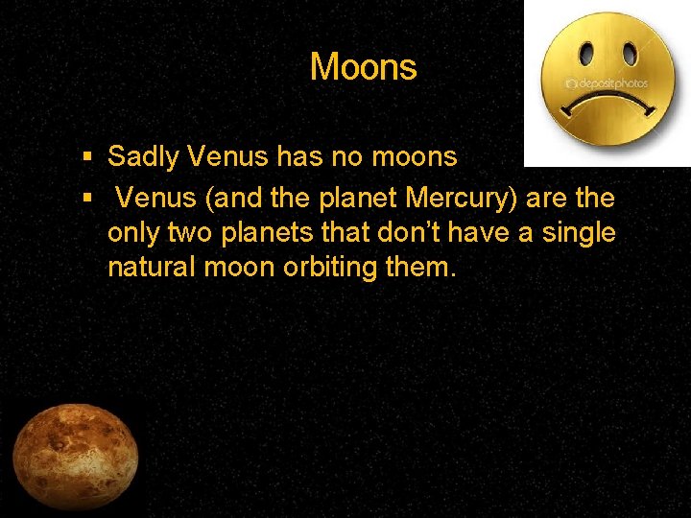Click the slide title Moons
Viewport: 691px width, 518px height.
363,67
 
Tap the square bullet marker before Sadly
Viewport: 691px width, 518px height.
87,155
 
